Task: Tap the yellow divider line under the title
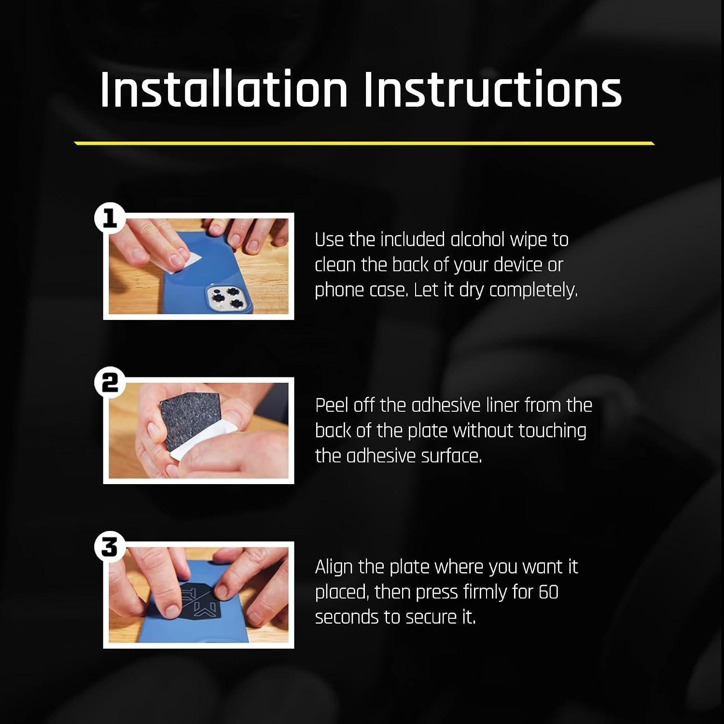[x=364, y=143]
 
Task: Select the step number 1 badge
[x=110, y=218]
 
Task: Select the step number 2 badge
[x=110, y=383]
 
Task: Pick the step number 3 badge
[x=110, y=547]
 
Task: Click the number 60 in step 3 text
[x=548, y=592]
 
